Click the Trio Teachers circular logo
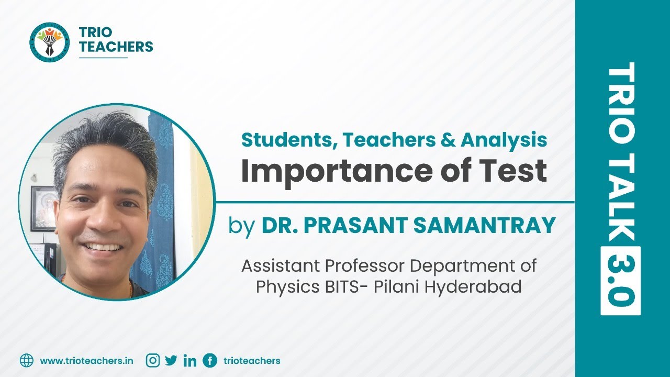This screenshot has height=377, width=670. click(x=50, y=41)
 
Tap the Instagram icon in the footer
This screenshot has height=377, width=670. click(x=153, y=360)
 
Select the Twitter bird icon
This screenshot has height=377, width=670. click(x=171, y=360)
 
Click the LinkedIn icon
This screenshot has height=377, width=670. click(x=190, y=361)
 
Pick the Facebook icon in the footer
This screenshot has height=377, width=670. click(x=210, y=360)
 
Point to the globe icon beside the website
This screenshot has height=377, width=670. click(x=27, y=360)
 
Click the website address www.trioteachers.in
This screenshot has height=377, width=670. click(x=86, y=361)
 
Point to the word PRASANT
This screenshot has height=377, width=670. click(x=355, y=225)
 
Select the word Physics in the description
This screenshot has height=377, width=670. click(x=286, y=287)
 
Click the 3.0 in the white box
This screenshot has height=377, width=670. click(x=621, y=281)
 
